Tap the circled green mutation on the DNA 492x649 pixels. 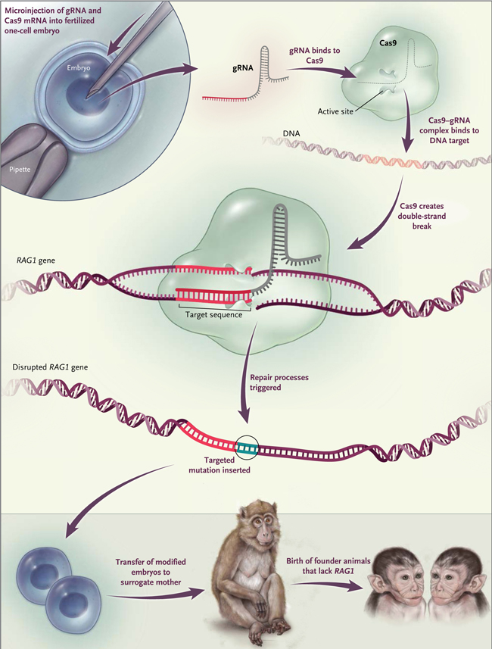[x=248, y=448]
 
